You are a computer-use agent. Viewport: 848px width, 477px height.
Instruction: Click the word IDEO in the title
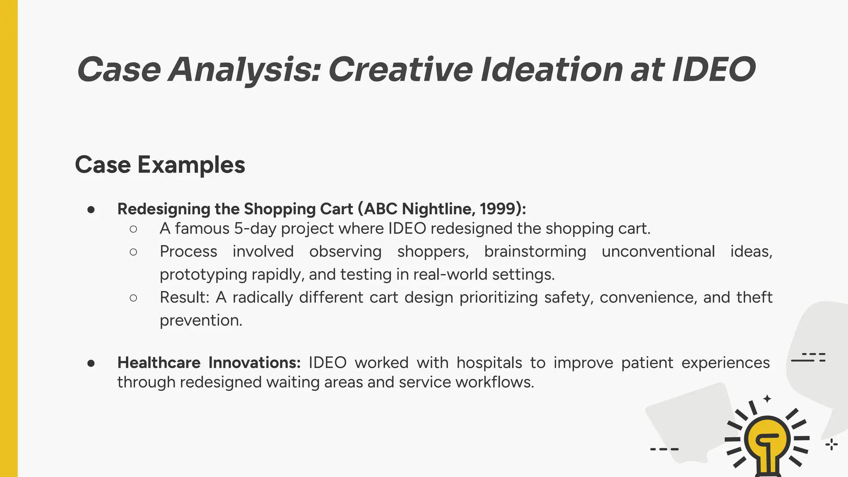click(x=714, y=69)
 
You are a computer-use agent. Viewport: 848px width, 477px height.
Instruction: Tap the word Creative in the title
click(x=400, y=69)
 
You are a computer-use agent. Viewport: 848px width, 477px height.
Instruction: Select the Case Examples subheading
click(x=160, y=165)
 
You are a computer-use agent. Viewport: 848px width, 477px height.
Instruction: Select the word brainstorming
click(x=535, y=252)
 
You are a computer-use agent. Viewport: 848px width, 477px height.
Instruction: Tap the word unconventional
click(x=658, y=252)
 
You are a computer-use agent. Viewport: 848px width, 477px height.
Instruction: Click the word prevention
click(x=201, y=320)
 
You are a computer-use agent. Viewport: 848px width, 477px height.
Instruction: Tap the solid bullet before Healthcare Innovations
click(x=91, y=363)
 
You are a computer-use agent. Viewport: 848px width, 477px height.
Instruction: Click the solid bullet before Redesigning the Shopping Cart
click(x=91, y=210)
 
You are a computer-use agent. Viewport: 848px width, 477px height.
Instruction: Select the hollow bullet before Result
click(x=133, y=298)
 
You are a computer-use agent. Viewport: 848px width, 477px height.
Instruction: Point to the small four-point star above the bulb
click(x=767, y=399)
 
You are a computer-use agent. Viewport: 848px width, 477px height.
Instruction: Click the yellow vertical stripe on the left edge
click(x=9, y=238)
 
